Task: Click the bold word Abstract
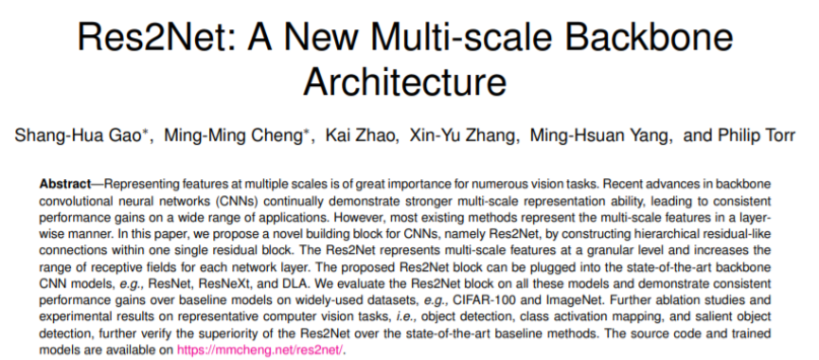coord(65,182)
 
